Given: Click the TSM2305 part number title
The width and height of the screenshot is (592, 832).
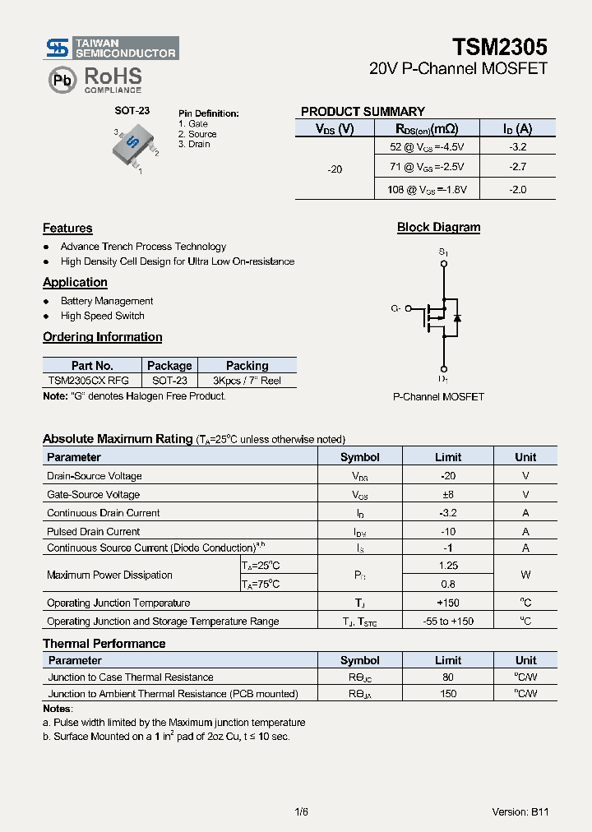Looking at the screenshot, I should tap(500, 47).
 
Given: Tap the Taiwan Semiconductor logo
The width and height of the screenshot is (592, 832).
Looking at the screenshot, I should tap(111, 48).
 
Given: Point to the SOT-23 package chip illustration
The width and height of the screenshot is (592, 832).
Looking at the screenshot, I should tap(134, 147).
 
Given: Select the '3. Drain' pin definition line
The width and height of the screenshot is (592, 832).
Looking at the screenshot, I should tap(194, 145).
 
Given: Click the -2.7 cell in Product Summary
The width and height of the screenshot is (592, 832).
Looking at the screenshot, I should tap(518, 167).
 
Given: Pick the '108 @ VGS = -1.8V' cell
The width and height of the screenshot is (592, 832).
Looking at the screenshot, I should tap(427, 190).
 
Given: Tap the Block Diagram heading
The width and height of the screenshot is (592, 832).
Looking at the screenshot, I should tap(438, 228).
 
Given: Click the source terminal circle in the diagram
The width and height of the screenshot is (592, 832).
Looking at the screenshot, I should tap(444, 264).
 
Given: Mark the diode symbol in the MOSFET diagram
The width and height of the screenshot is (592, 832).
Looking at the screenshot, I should tap(457, 317).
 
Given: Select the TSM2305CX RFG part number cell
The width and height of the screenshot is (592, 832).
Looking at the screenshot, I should tap(88, 381).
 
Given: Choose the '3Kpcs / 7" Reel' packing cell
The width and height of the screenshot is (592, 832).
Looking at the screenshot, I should tap(247, 381).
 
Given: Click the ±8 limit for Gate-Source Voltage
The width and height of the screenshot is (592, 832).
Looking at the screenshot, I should tap(448, 495).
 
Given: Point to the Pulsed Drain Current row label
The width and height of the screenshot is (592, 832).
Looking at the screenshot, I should tap(94, 532).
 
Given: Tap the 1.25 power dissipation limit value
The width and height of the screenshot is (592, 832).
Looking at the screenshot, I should tap(448, 566).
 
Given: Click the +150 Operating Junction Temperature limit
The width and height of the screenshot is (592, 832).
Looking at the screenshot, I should tap(448, 603).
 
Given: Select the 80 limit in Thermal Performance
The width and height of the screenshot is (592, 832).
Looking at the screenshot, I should tap(448, 677).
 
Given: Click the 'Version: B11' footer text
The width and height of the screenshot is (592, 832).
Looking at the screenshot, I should tap(520, 812).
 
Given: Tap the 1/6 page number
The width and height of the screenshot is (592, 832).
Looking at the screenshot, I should tap(301, 812).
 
